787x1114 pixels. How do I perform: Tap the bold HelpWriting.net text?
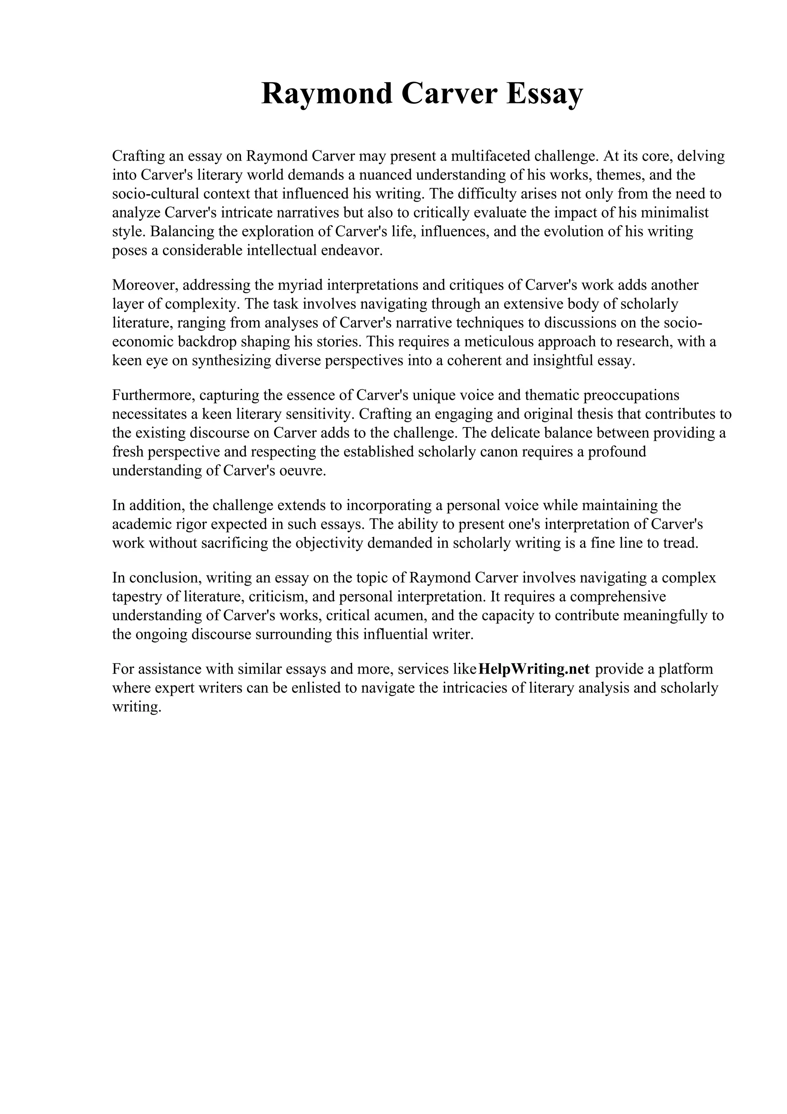pos(533,669)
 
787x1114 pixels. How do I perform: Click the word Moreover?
pos(145,285)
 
